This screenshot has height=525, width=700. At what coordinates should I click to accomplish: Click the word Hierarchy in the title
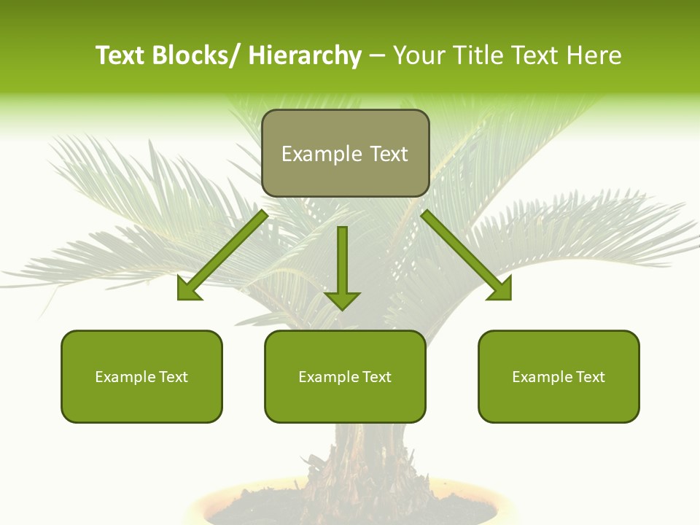coord(305,55)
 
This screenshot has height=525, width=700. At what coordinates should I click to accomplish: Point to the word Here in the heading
coord(595,55)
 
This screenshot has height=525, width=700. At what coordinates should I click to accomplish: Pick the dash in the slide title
coord(377,55)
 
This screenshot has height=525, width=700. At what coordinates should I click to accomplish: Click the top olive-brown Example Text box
coord(345,153)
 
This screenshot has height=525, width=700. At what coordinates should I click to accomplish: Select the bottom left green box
coord(141,376)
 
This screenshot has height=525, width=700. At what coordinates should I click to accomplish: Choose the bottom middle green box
coord(345,376)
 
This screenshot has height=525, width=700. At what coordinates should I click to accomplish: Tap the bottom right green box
coord(559,376)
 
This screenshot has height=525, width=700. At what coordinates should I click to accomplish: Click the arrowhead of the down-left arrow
coord(187,289)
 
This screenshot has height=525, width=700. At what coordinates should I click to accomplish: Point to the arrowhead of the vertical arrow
coord(343,300)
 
